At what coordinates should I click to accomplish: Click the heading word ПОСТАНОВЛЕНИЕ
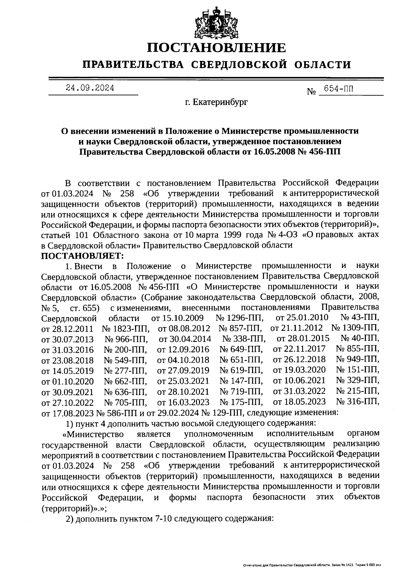click(217, 48)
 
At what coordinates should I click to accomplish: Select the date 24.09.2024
click(90, 88)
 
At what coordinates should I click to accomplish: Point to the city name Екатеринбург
click(217, 102)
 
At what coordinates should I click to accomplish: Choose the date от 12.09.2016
click(183, 350)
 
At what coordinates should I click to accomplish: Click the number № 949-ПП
click(357, 360)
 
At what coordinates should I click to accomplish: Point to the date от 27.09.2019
click(183, 370)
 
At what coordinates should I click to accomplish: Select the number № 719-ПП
click(241, 391)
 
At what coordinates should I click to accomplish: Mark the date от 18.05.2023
click(299, 402)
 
